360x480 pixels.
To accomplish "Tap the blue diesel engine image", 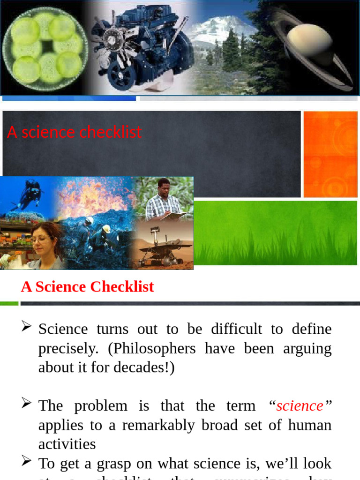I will click(x=141, y=47).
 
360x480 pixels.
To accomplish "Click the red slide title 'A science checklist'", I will click(x=74, y=133).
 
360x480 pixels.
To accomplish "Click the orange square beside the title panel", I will click(x=330, y=154).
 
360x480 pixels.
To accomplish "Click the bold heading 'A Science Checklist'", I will click(x=87, y=287).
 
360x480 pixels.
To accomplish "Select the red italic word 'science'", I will click(x=300, y=405).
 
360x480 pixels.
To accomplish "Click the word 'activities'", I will click(x=67, y=444).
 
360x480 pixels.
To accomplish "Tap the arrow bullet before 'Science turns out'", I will click(x=26, y=326).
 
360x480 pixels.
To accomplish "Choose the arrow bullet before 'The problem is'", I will click(x=26, y=403).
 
